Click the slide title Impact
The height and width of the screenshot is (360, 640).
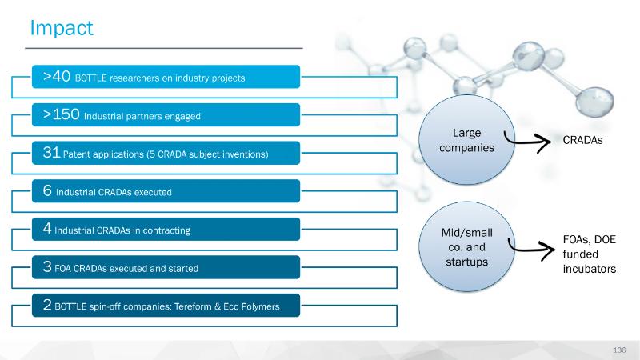62,29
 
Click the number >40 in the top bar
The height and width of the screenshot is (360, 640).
57,76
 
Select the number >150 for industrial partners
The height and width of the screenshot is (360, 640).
62,114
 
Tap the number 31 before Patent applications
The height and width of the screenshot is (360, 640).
51,152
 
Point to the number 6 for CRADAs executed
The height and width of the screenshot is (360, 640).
47,190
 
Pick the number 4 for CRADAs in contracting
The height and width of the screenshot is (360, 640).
47,228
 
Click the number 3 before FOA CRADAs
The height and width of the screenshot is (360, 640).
47,266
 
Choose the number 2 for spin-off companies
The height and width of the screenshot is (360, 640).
47,305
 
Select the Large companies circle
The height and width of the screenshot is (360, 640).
466,139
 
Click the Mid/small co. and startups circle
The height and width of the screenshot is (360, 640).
466,246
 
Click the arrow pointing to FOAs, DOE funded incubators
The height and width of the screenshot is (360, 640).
531,249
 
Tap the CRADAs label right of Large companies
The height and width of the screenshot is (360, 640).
582,140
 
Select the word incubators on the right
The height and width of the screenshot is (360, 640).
590,269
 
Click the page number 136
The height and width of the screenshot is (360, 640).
619,350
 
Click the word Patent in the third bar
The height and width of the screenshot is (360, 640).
77,154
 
